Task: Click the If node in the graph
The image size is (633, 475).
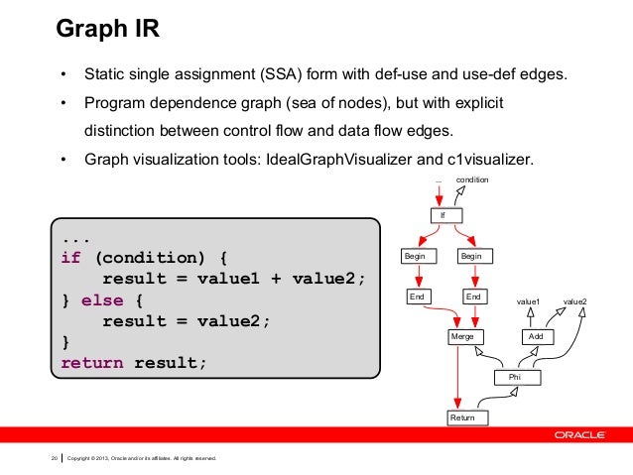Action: click(443, 215)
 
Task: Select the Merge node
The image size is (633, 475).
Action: click(462, 337)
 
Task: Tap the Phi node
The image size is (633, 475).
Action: click(513, 378)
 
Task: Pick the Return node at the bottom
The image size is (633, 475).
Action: click(462, 418)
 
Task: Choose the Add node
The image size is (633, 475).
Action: click(536, 337)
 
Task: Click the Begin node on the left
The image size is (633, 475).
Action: click(415, 256)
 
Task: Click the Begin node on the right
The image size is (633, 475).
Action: click(471, 256)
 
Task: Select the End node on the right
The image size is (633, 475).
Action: click(473, 297)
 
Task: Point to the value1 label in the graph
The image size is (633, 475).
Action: click(528, 298)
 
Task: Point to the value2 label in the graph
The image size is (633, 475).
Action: click(575, 298)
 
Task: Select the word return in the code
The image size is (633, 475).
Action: click(92, 363)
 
